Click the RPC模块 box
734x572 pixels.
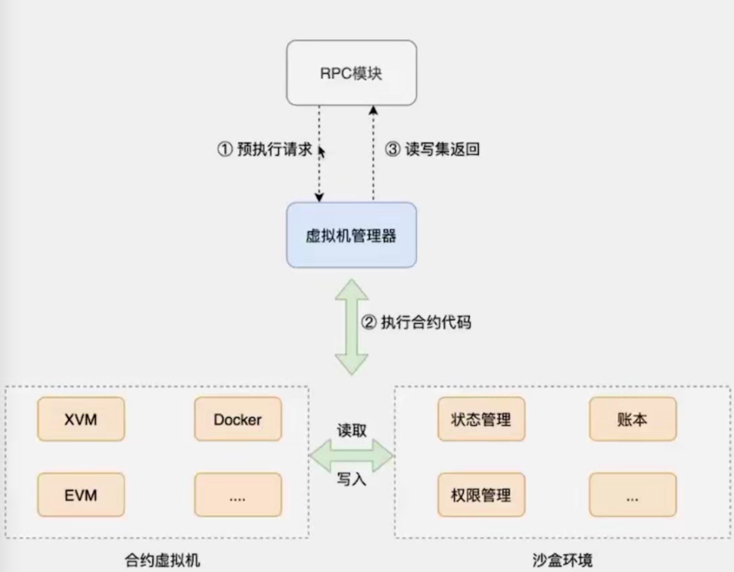pyautogui.click(x=351, y=73)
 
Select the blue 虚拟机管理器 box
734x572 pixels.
pyautogui.click(x=351, y=235)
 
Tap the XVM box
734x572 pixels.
pyautogui.click(x=81, y=419)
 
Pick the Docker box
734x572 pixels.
pyautogui.click(x=238, y=419)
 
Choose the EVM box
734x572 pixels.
pyautogui.click(x=81, y=495)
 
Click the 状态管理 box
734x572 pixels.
pyautogui.click(x=481, y=419)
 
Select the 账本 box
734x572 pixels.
pyautogui.click(x=632, y=419)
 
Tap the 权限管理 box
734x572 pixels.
pyautogui.click(x=481, y=495)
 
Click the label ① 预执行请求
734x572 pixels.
pyautogui.click(x=265, y=149)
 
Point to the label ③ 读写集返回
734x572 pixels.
pyautogui.click(x=432, y=149)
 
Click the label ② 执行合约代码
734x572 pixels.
pyautogui.click(x=416, y=322)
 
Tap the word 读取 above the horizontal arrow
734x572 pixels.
pyautogui.click(x=352, y=430)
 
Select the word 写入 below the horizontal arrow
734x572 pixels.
pyautogui.click(x=352, y=479)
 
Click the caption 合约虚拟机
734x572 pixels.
pyautogui.click(x=162, y=560)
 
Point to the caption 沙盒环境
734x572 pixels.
pyautogui.click(x=562, y=560)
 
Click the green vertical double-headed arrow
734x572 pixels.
pyautogui.click(x=352, y=326)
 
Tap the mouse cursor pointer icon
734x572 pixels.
pyautogui.click(x=321, y=152)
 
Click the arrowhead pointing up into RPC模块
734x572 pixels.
pyautogui.click(x=373, y=110)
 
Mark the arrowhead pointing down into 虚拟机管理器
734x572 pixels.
pyautogui.click(x=319, y=197)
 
